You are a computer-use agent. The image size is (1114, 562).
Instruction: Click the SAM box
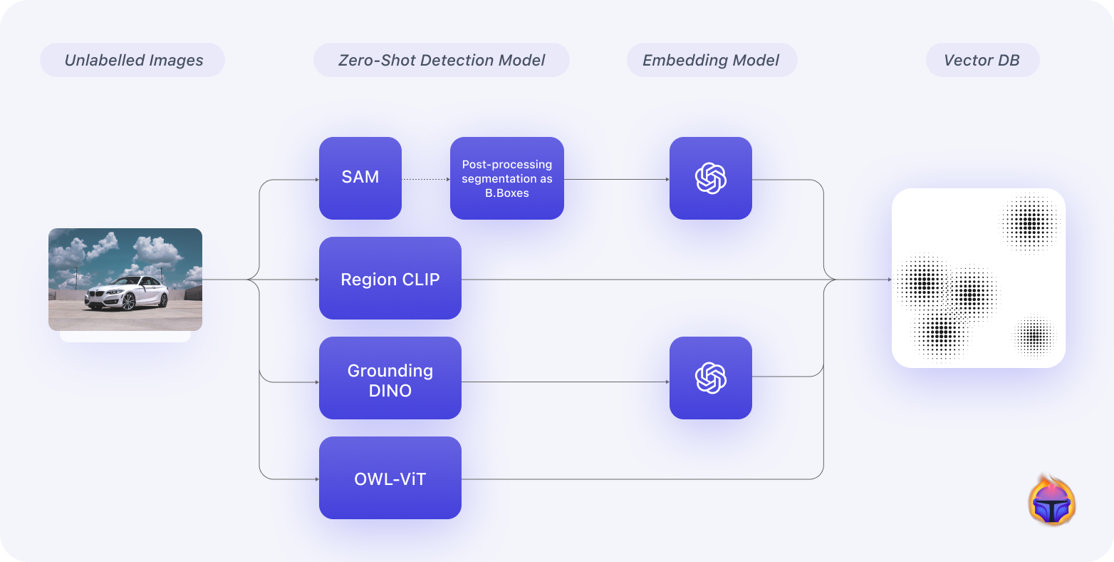coord(360,178)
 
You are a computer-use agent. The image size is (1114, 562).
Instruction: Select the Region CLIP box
coord(390,278)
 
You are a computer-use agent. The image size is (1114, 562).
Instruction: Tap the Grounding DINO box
coord(390,378)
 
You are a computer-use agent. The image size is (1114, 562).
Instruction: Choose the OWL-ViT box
coord(390,478)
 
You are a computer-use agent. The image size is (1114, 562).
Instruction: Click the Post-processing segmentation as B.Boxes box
coord(507,178)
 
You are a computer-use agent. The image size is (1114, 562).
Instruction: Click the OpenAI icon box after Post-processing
coord(711,178)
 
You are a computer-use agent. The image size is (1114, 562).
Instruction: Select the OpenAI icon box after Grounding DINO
coord(711,378)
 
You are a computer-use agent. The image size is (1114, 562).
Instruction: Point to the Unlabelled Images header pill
coord(133,60)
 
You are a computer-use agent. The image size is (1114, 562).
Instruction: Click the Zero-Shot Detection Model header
coord(442,60)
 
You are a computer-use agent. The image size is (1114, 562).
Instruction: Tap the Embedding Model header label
coord(712,60)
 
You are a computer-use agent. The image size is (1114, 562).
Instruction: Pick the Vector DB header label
coord(982,60)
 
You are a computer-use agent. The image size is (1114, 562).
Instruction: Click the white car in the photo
coord(127,292)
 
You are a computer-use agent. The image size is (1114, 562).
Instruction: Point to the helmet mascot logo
coord(1052,502)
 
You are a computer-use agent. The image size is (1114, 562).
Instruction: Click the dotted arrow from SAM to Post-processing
coord(426,179)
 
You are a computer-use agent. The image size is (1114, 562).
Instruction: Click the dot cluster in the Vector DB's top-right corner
coord(1031,223)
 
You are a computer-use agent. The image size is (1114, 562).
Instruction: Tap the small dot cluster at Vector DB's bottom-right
coord(1034,335)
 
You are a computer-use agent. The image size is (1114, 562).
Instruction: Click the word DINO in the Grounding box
coord(390,390)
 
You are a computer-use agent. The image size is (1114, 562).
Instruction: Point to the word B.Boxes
coord(507,193)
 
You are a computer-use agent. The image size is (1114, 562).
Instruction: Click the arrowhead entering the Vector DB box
coord(889,280)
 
